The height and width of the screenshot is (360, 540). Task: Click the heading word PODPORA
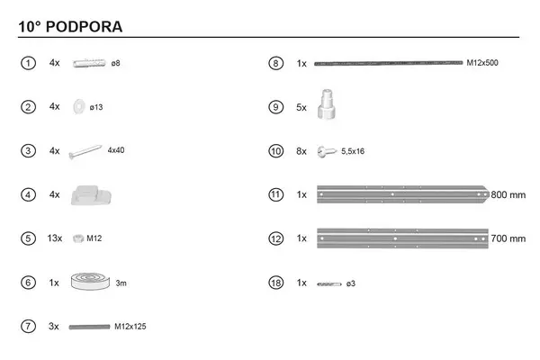pyautogui.click(x=84, y=27)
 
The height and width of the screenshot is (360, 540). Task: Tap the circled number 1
pyautogui.click(x=28, y=63)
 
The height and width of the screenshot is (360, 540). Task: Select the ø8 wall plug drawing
pyautogui.click(x=89, y=63)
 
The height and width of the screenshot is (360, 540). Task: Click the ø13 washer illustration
pyautogui.click(x=79, y=107)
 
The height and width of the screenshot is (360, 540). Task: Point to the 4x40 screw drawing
pyautogui.click(x=85, y=152)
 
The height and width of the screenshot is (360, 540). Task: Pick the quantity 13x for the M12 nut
pyautogui.click(x=55, y=238)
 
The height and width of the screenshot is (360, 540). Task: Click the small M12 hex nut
pyautogui.click(x=78, y=238)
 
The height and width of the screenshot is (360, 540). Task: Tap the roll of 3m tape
pyautogui.click(x=90, y=282)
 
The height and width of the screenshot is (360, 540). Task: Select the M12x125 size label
pyautogui.click(x=130, y=326)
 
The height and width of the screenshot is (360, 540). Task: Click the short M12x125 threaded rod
pyautogui.click(x=89, y=327)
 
